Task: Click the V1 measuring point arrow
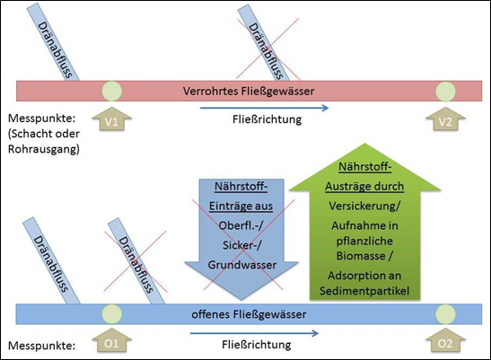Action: (112, 119)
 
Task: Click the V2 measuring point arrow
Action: (445, 119)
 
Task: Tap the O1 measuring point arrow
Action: (112, 340)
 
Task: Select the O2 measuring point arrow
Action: (445, 340)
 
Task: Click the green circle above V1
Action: (112, 92)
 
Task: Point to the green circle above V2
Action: (445, 92)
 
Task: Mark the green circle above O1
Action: (112, 314)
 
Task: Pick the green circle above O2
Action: (445, 314)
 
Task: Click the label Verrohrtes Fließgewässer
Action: (249, 92)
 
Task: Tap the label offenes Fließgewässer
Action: (249, 314)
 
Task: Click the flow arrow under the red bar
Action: (264, 108)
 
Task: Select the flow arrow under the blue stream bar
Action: (254, 333)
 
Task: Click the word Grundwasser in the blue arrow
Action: (242, 265)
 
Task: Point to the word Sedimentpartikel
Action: (364, 291)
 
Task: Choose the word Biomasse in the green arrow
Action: (361, 256)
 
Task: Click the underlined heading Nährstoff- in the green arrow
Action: (365, 167)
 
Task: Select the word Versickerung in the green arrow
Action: (363, 206)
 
